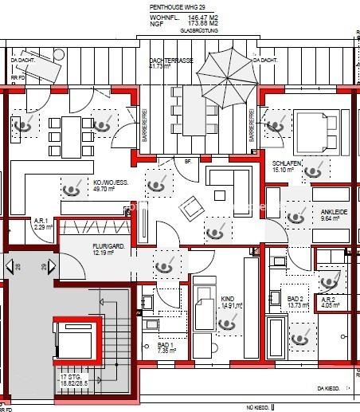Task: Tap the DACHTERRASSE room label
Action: pyautogui.click(x=170, y=61)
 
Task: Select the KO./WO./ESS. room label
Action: pyautogui.click(x=110, y=182)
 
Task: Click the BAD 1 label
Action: pyautogui.click(x=166, y=343)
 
